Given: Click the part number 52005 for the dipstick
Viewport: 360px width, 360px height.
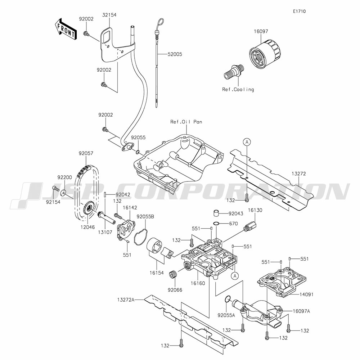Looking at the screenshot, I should pyautogui.click(x=175, y=54).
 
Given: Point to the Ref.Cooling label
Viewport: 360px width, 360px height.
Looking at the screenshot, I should pyautogui.click(x=237, y=89).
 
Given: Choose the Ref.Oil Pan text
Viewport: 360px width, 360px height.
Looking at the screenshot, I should pyautogui.click(x=186, y=122).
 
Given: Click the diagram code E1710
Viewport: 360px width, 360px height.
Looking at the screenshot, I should pyautogui.click(x=299, y=11).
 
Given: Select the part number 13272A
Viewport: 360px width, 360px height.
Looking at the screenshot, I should pyautogui.click(x=125, y=299).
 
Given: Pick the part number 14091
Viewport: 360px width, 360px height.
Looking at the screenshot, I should pyautogui.click(x=306, y=294).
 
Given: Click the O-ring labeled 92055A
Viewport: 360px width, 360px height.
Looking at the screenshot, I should pyautogui.click(x=228, y=299).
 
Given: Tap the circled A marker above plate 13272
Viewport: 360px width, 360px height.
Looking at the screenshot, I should pyautogui.click(x=246, y=142).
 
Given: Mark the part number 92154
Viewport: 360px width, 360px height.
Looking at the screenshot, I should pyautogui.click(x=53, y=202).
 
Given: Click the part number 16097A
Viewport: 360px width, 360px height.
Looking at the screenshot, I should pyautogui.click(x=301, y=310).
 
